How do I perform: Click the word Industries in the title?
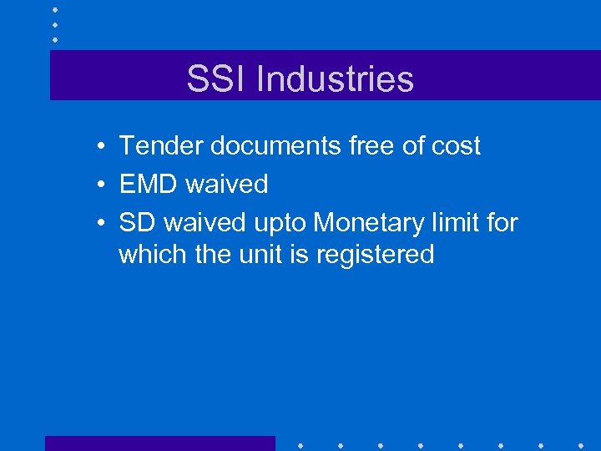pyautogui.click(x=335, y=79)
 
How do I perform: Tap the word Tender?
pyautogui.click(x=161, y=146)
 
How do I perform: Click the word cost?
pyautogui.click(x=455, y=146)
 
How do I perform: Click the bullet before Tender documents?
pyautogui.click(x=98, y=147)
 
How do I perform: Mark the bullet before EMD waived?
pyautogui.click(x=98, y=185)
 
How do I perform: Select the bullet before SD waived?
pyautogui.click(x=98, y=223)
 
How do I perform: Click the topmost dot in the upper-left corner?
pyautogui.click(x=55, y=9)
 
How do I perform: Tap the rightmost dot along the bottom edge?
pyautogui.click(x=581, y=444)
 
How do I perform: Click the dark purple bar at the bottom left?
pyautogui.click(x=159, y=443)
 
